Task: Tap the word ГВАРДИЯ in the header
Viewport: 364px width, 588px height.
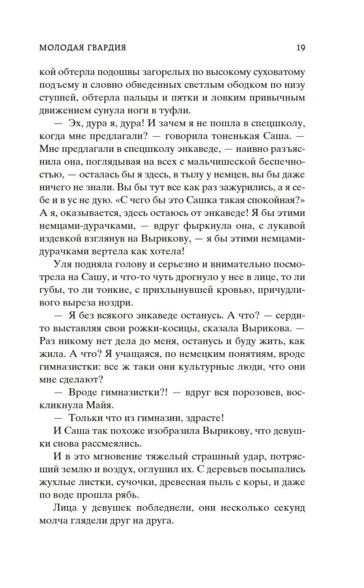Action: tap(107, 48)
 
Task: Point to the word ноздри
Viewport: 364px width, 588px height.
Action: tap(118, 302)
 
